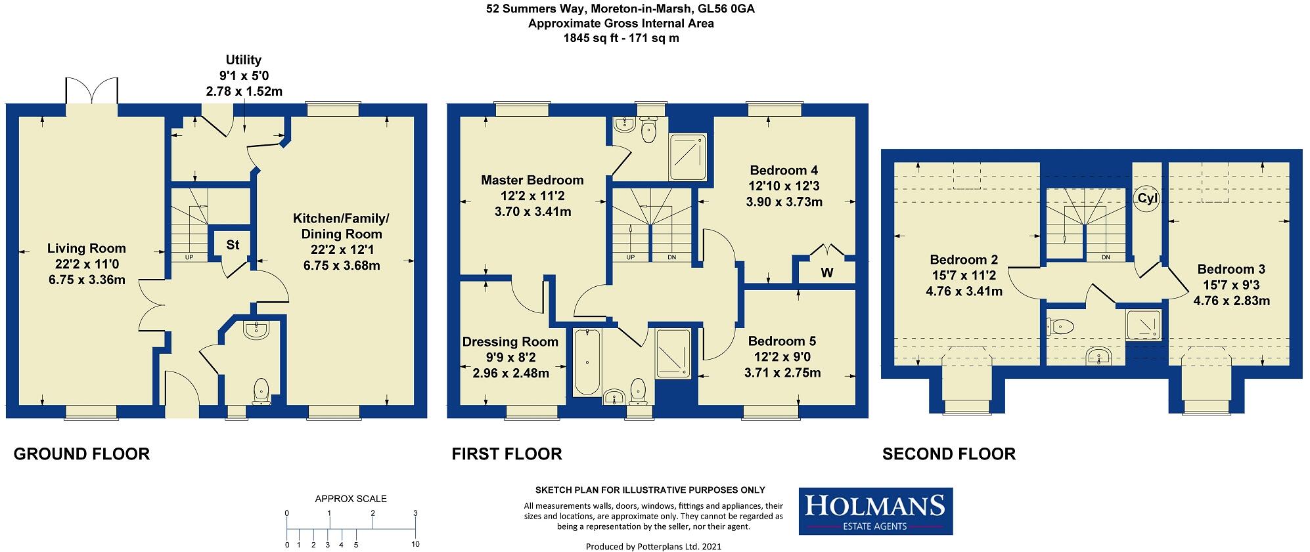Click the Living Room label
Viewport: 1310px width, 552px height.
tap(86, 248)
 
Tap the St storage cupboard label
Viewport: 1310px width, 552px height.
tap(233, 245)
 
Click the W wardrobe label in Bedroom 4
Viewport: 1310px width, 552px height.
tap(827, 272)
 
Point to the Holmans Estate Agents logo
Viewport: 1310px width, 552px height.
tap(875, 511)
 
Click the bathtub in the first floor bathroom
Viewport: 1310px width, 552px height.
tap(583, 362)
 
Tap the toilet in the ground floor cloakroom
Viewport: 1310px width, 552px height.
tap(261, 390)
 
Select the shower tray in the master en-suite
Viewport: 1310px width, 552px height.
tap(688, 152)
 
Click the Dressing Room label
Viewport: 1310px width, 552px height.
tap(510, 341)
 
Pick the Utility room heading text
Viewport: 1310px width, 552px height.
tap(244, 60)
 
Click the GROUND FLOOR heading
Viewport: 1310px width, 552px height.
tap(81, 454)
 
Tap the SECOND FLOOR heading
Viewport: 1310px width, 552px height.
tap(949, 454)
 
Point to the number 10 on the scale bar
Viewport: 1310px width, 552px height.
tap(415, 544)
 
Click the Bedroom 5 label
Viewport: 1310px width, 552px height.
tap(782, 341)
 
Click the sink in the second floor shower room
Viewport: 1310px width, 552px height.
tap(1096, 356)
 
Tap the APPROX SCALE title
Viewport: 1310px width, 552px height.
tap(351, 499)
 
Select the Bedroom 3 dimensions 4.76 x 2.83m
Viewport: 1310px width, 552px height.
tap(1231, 301)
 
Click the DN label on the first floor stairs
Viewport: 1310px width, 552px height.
tap(671, 257)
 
